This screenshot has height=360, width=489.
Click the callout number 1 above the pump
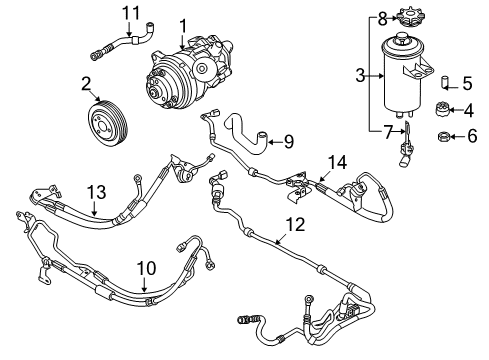(x=183, y=26)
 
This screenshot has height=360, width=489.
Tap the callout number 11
(x=131, y=14)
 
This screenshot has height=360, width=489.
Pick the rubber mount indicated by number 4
(x=443, y=109)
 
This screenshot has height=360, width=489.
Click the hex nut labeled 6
(x=444, y=136)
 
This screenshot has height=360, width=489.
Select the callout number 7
(x=387, y=133)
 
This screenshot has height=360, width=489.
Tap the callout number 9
(x=289, y=142)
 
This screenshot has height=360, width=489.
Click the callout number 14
(x=337, y=162)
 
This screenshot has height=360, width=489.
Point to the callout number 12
(x=295, y=224)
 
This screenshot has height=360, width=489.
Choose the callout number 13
(x=96, y=192)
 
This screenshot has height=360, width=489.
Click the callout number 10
(x=146, y=268)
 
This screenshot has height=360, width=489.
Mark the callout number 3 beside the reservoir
(x=360, y=75)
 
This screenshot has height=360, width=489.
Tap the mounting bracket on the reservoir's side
(x=418, y=69)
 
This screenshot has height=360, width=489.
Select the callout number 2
(x=86, y=84)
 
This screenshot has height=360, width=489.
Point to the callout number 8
(x=382, y=19)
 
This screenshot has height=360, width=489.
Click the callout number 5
(x=467, y=83)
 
